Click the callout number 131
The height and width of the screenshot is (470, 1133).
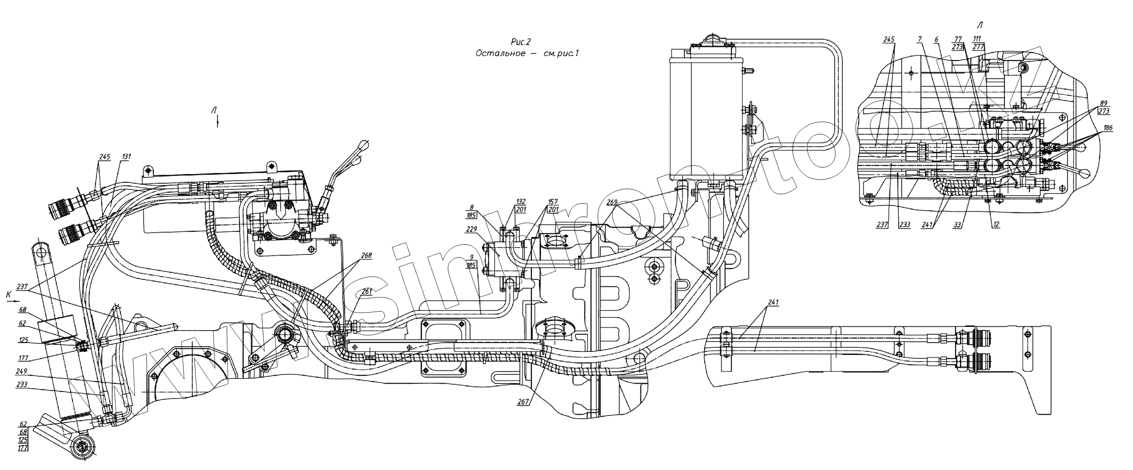pyautogui.click(x=126, y=157)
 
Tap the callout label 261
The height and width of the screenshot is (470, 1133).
pyautogui.click(x=366, y=291)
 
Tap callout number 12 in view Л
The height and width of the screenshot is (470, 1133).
pyautogui.click(x=996, y=225)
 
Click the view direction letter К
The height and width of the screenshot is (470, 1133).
pyautogui.click(x=8, y=293)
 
